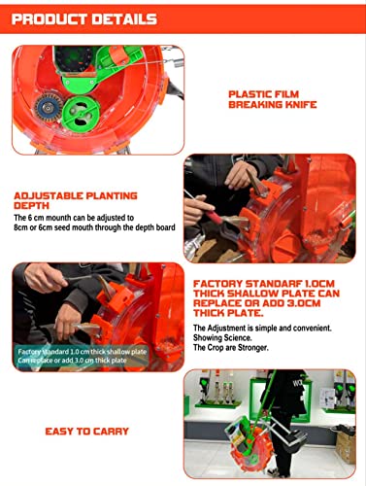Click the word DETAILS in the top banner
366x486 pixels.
coord(124,19)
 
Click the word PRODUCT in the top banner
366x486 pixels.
coord(50,19)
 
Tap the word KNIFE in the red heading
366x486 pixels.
coord(301,105)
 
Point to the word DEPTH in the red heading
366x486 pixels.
coord(31,206)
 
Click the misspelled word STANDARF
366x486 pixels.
coord(274,284)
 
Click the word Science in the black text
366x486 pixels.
coord(236,338)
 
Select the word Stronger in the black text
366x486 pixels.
coord(253,348)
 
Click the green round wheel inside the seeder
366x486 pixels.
coord(82,113)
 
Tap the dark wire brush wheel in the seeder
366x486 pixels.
coord(49,107)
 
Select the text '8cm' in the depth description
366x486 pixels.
coord(20,227)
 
